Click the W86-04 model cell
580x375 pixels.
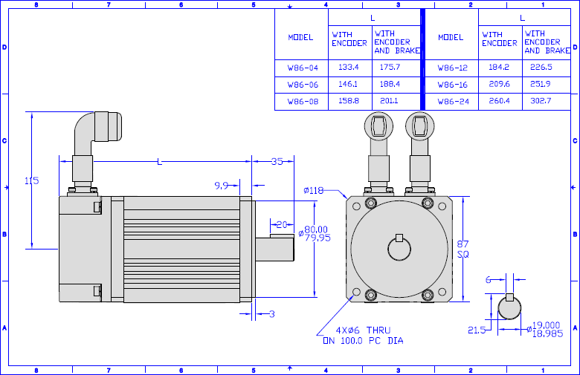click(x=303, y=68)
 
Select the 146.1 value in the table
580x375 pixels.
click(x=348, y=84)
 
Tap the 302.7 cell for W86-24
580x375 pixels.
click(x=541, y=101)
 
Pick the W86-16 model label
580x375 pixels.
click(x=452, y=85)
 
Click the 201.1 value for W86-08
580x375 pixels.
click(x=389, y=101)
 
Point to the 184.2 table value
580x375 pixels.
click(x=499, y=68)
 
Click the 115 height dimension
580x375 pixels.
click(x=31, y=180)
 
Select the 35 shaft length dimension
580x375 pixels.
click(x=277, y=161)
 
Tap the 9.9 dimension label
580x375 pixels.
click(x=221, y=186)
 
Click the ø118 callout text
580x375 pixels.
click(x=313, y=190)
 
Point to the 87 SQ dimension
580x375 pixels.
click(x=463, y=249)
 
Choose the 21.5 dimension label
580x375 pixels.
click(x=477, y=330)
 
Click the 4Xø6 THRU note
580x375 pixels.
click(x=363, y=330)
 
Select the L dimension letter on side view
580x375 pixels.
click(x=159, y=162)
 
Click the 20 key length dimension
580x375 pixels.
click(x=282, y=224)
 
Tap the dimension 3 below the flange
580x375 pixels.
click(x=272, y=314)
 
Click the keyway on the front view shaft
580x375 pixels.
click(x=399, y=238)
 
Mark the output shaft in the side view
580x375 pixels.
click(x=275, y=250)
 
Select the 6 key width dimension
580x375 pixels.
click(x=489, y=280)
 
